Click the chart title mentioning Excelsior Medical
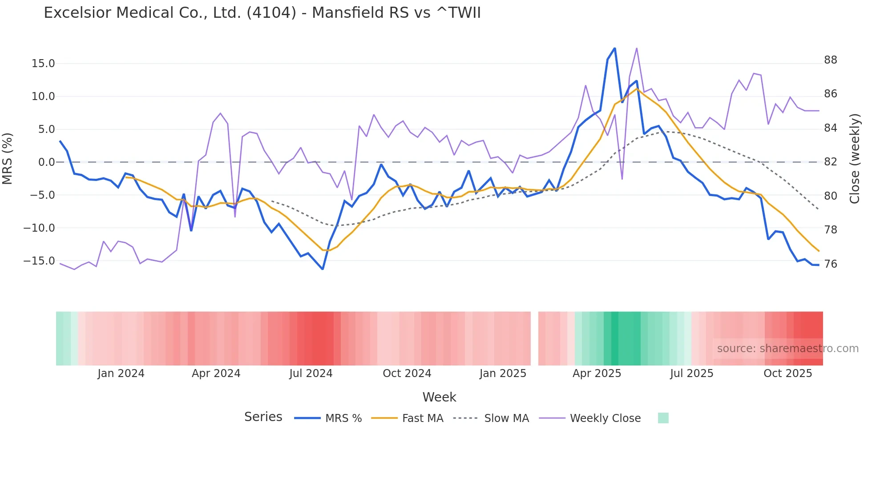pos(262,13)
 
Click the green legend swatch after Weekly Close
pos(663,418)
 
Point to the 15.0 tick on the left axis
pos(43,64)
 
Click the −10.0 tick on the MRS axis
pos(39,228)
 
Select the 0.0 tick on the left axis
pos(46,162)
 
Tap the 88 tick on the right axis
pos(831,60)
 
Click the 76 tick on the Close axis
pos(831,264)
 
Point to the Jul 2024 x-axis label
pos(311,374)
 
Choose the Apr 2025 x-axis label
pos(597,374)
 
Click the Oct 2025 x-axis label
pos(787,374)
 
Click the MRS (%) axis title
pos(8,158)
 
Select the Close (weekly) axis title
pos(855,158)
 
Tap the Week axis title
pos(439,397)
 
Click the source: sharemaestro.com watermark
pos(787,349)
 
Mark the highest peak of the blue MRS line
pos(615,48)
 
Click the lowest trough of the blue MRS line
pos(323,269)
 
